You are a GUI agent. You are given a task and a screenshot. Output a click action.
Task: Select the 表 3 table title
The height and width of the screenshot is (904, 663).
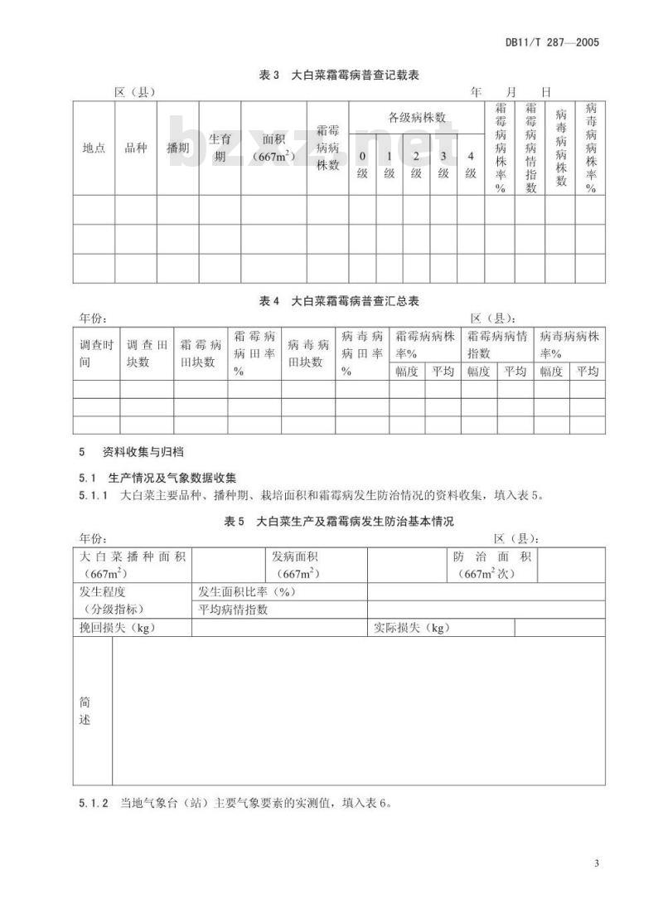click(x=339, y=75)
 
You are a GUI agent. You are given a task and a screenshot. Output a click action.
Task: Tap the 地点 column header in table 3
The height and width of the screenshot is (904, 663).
click(x=94, y=148)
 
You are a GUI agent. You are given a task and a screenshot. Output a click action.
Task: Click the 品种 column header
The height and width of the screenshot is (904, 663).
click(x=135, y=148)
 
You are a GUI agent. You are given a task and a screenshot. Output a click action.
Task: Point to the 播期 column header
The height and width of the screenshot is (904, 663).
click(x=177, y=148)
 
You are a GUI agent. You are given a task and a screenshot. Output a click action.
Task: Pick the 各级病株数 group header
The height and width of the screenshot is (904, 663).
click(x=417, y=118)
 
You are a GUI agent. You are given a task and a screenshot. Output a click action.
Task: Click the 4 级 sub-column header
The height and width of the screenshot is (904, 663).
click(x=471, y=164)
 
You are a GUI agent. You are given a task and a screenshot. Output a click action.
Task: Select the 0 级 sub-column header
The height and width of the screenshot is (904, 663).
click(x=362, y=164)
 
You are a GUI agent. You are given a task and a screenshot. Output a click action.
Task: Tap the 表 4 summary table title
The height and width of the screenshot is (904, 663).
click(x=339, y=301)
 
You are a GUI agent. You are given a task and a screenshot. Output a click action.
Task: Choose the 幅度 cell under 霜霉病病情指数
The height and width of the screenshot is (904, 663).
click(x=478, y=371)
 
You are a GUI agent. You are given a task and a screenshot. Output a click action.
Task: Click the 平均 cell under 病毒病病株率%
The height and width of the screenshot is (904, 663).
click(x=588, y=371)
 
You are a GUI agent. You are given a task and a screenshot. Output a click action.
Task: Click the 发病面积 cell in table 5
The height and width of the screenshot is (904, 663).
click(x=294, y=564)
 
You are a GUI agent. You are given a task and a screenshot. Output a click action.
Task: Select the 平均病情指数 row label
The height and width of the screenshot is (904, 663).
click(x=233, y=610)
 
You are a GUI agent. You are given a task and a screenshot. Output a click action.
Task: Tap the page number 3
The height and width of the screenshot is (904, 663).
click(x=596, y=865)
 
